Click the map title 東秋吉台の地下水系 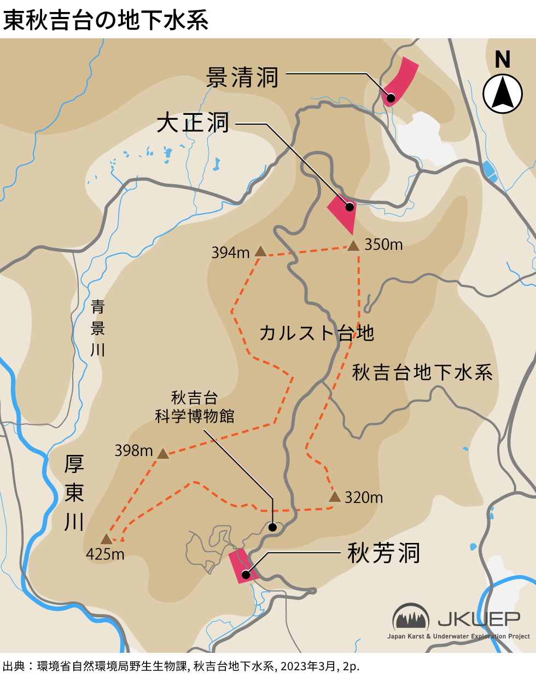106,20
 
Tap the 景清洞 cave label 242,78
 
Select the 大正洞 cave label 193,123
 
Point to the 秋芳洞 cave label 384,553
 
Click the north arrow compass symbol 503,93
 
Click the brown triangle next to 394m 260,252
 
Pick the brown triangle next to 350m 353,246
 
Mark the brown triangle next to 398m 163,453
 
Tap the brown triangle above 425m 106,539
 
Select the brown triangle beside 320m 335,496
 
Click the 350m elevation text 383,244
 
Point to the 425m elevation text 105,554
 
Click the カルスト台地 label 316,332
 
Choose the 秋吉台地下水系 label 422,372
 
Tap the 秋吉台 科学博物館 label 195,407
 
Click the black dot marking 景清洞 391,98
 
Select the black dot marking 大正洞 348,207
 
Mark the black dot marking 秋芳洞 246,575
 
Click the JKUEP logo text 479,619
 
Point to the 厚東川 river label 74,493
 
